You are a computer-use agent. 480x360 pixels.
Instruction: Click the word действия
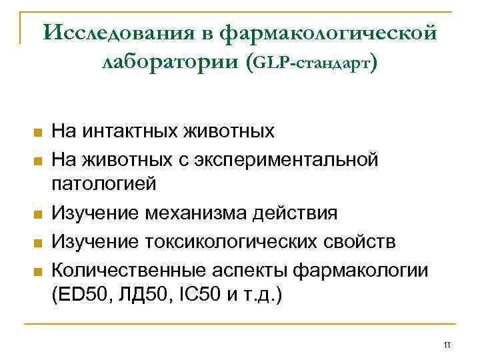(x=297, y=213)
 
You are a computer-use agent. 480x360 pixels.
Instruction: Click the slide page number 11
(x=447, y=345)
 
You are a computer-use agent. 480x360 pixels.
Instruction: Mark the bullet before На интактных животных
(x=37, y=132)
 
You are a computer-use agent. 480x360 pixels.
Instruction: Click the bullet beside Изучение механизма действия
(x=37, y=215)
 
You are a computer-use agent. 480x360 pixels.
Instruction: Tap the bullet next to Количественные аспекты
(x=37, y=271)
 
